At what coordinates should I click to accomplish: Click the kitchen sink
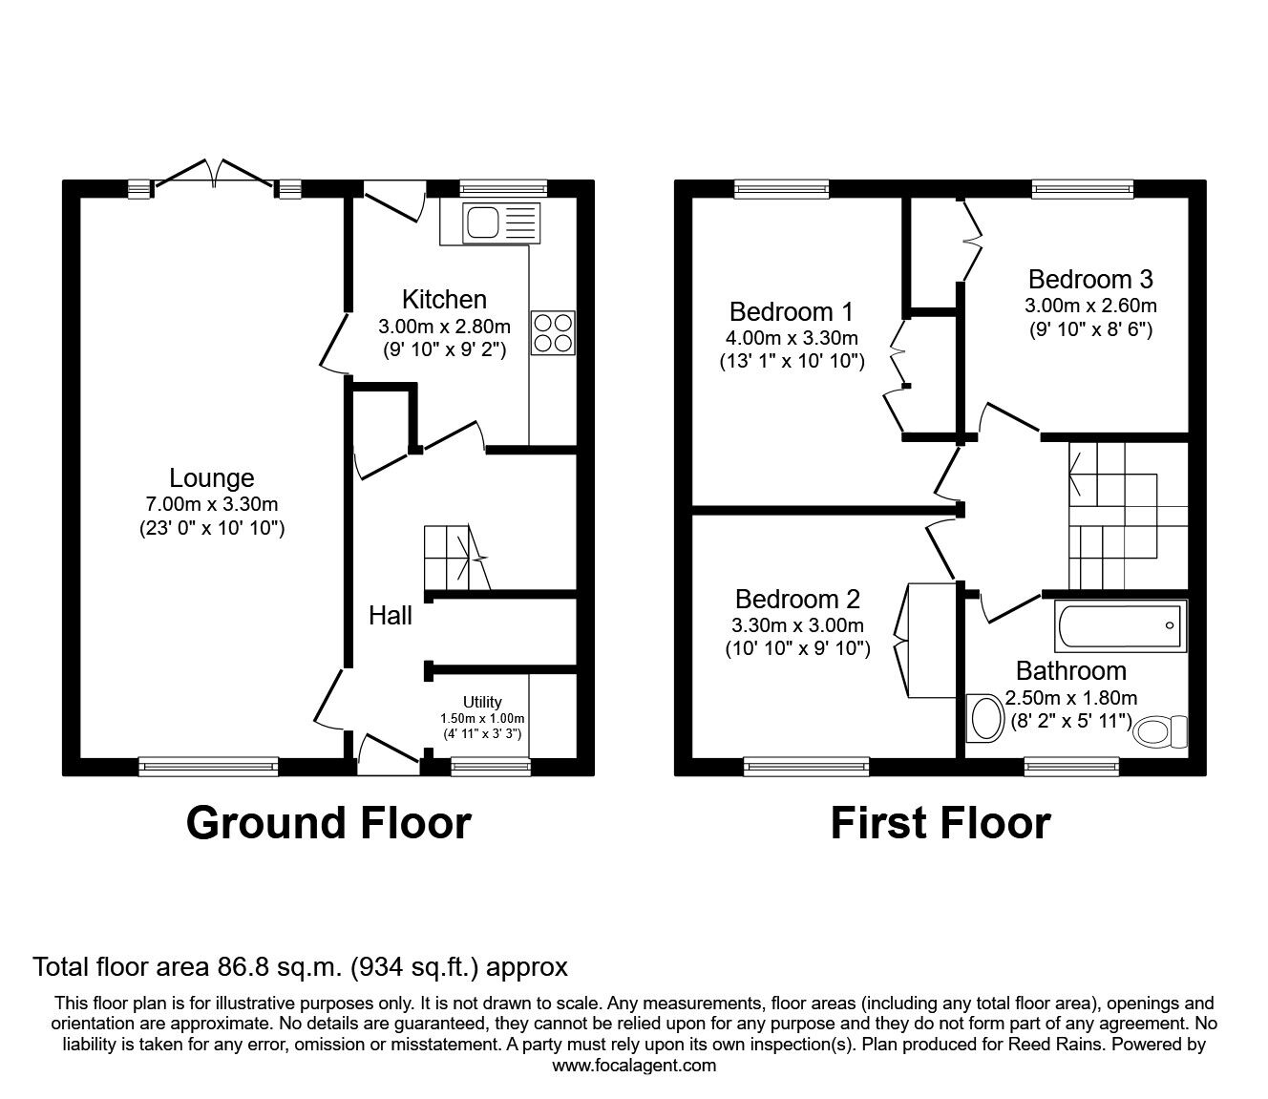(502, 223)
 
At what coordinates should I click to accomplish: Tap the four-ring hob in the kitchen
(554, 333)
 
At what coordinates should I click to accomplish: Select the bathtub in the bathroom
(1121, 626)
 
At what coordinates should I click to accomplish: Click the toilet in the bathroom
(1160, 731)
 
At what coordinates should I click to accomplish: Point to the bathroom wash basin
(984, 718)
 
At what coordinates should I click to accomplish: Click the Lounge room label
(212, 478)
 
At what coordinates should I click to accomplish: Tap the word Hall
(391, 616)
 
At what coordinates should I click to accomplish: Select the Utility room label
(482, 702)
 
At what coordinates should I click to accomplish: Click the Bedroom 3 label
(1090, 279)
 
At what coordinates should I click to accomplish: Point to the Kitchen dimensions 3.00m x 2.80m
(444, 326)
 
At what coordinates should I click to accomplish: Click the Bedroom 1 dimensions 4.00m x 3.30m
(792, 337)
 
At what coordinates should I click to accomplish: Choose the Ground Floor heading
(328, 823)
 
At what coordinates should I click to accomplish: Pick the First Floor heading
(940, 823)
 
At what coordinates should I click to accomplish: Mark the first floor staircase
(1128, 516)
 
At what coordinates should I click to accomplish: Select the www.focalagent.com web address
(634, 1065)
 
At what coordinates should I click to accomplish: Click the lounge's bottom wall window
(208, 767)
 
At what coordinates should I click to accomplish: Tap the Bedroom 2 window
(806, 767)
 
